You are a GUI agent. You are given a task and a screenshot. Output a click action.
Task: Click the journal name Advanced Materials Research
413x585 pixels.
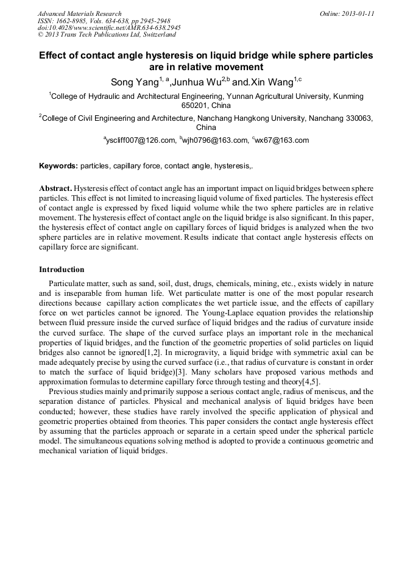[79, 13]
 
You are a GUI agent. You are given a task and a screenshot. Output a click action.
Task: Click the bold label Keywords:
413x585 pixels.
[58, 166]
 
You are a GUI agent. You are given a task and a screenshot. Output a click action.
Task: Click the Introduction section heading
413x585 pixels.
[62, 270]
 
